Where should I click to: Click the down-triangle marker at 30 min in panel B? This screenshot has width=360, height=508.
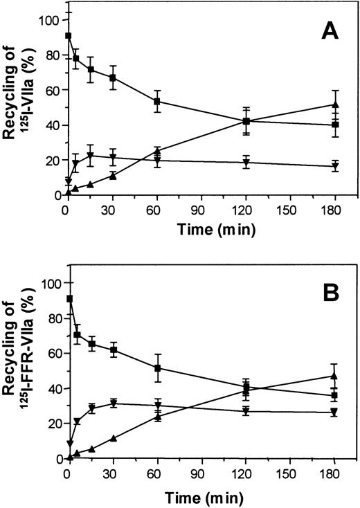tap(112, 403)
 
